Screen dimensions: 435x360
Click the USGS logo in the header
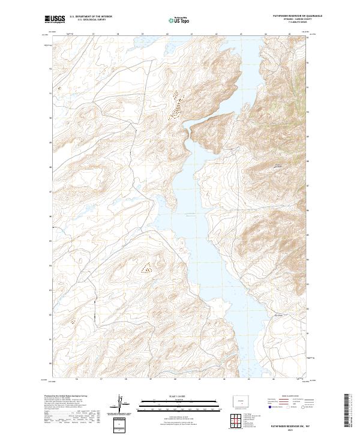point(55,19)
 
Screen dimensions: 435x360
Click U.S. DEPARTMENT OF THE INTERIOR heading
point(91,17)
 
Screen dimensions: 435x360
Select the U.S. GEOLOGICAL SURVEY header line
point(91,20)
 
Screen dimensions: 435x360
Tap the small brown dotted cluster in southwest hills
point(145,269)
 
